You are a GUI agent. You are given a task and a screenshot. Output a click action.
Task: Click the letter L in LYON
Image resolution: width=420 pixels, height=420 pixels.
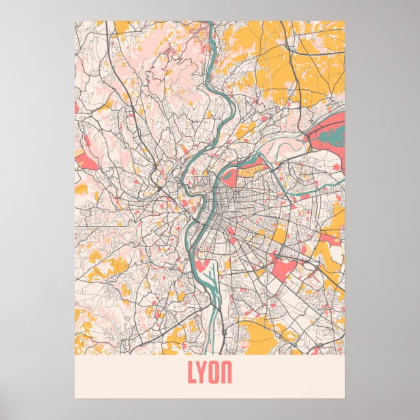coord(193,372)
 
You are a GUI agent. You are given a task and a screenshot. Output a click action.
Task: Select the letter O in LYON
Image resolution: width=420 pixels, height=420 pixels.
coord(215,372)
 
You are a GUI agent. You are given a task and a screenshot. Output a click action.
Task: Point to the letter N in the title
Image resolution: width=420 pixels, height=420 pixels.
coord(226,372)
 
